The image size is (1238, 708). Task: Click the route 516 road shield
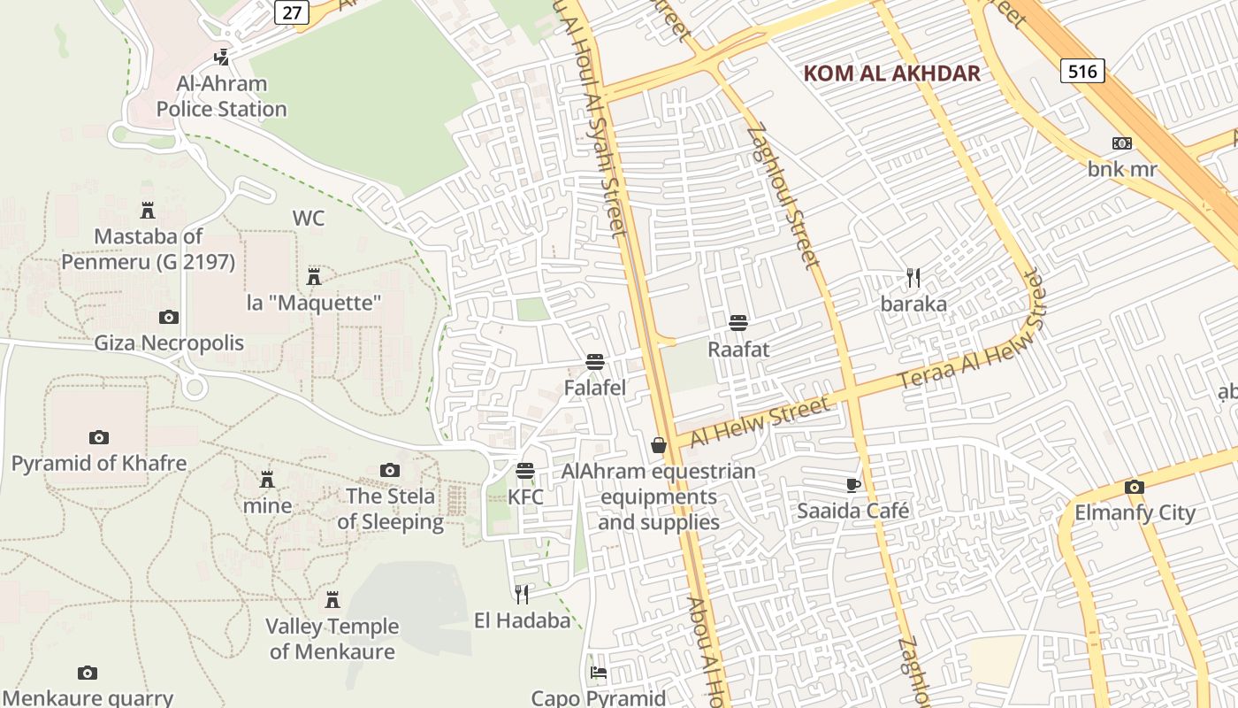[1082, 71]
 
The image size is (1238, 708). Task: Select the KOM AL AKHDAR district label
[892, 73]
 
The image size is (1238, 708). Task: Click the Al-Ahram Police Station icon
[221, 58]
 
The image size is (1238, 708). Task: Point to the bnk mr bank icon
[1121, 143]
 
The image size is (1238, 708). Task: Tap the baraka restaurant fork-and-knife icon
[913, 278]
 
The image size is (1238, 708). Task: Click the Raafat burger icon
[738, 323]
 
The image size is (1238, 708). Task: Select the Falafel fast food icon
[594, 361]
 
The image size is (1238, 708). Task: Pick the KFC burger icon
[525, 470]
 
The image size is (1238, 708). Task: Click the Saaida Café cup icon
[852, 485]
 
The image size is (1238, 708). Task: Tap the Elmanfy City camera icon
[1134, 487]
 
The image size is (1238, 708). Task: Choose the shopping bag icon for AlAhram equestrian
[659, 445]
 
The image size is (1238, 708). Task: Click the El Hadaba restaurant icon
[522, 594]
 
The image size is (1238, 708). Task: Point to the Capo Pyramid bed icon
[598, 673]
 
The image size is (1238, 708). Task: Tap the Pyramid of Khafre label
[99, 463]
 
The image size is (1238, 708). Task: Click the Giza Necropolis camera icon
[168, 317]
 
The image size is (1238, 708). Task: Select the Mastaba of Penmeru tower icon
[148, 211]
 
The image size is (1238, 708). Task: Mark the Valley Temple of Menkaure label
[332, 639]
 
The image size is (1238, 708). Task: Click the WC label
[309, 218]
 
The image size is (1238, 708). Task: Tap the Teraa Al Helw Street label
[971, 341]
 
